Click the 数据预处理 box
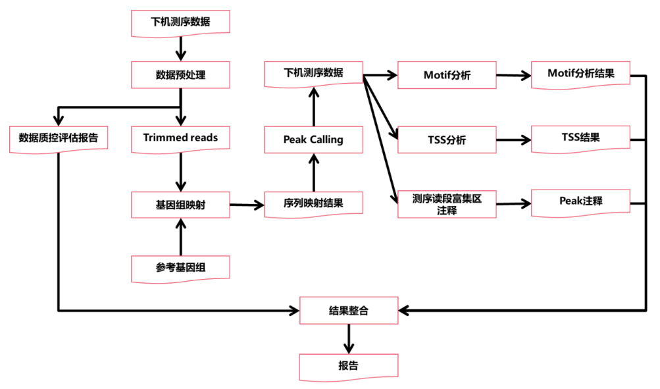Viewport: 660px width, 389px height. pos(180,75)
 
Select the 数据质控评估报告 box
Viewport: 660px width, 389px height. pos(59,138)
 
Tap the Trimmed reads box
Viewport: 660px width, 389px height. pos(180,138)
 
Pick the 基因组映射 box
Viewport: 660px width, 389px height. pos(180,205)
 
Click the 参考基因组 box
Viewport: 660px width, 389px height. pos(180,268)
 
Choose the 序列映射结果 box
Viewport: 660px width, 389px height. pos(313,205)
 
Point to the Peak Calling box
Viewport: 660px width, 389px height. pos(313,140)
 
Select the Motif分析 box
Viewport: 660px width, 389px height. pos(447,75)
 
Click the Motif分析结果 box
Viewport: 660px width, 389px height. pos(580,74)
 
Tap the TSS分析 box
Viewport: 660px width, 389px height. pos(447,140)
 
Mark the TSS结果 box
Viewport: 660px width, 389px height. pos(580,138)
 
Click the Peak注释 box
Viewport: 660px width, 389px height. pos(580,202)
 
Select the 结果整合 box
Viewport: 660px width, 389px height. pos(348,310)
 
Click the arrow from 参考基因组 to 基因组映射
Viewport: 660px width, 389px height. pos(180,237)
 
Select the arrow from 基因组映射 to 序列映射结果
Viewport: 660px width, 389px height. pos(247,205)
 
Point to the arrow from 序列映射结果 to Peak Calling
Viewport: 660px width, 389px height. pos(313,172)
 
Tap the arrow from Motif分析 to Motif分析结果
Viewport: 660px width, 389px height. pos(513,76)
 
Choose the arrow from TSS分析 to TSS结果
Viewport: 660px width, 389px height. pos(513,140)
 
